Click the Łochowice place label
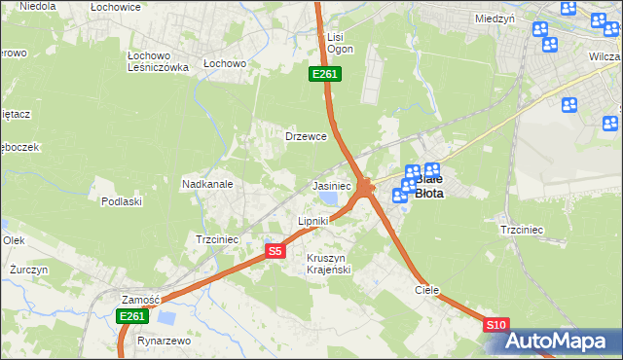coord(115,7)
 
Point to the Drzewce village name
coord(305,136)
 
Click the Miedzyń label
coord(495,18)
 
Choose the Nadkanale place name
coord(205,183)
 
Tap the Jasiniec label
coord(331,185)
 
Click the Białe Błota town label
coord(429,186)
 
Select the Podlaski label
coord(122,201)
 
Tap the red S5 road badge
coord(275,251)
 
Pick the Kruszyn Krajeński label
coord(328,263)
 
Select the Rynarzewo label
coord(164,342)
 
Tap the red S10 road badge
coord(495,325)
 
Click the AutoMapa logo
coord(560,342)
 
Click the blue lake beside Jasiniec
coord(330,199)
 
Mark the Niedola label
coord(37,7)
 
